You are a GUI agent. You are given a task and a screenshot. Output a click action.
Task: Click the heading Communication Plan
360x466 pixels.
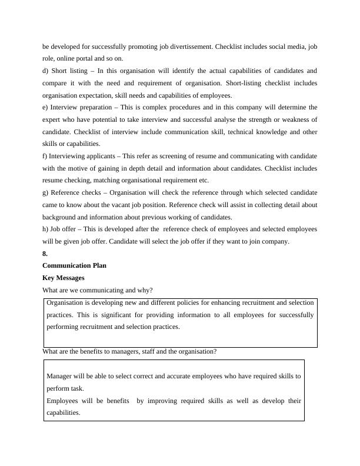(x=74, y=265)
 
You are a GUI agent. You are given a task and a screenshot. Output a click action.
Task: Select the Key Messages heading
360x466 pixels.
(x=64, y=278)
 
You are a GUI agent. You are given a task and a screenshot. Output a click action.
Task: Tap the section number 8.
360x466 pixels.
(x=45, y=254)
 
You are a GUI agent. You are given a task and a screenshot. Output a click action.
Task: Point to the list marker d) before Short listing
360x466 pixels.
(x=46, y=71)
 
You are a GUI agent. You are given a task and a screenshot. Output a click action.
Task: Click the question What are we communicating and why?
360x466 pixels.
(x=98, y=290)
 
